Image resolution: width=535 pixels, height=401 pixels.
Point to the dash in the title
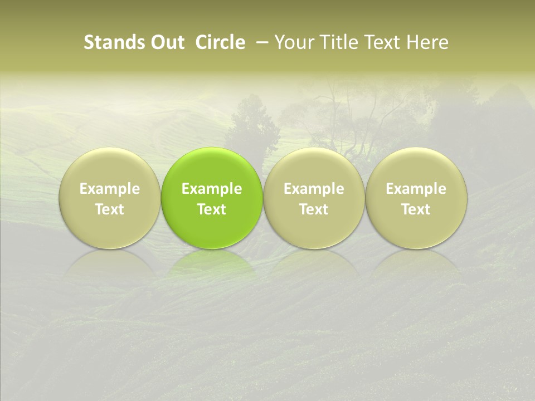[260, 43]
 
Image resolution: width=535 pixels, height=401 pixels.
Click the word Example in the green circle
[212, 189]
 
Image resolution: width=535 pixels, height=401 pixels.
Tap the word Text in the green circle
[212, 209]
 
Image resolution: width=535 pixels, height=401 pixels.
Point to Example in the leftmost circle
[110, 189]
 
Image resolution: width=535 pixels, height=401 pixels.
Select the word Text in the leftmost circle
[110, 209]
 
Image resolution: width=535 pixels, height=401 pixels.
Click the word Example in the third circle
[314, 189]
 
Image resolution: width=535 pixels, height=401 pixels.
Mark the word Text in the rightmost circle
[416, 209]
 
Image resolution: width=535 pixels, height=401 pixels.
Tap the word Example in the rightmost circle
[416, 189]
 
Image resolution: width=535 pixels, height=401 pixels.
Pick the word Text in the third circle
[314, 209]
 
